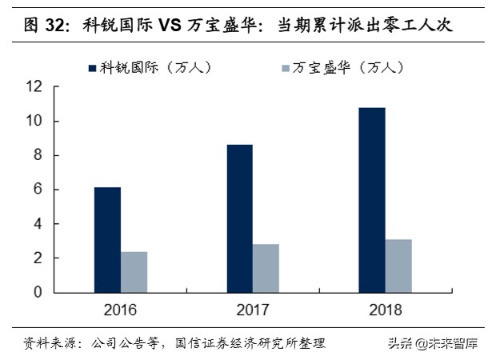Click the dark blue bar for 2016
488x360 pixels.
[107, 240]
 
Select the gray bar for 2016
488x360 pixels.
[134, 272]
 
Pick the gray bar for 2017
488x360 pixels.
[266, 268]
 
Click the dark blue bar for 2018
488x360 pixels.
[371, 200]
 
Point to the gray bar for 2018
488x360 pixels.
[398, 266]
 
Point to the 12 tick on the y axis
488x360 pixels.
[34, 87]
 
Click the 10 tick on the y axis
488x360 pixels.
[34, 122]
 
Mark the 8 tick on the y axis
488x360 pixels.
[38, 156]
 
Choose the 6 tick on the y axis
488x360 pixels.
[38, 190]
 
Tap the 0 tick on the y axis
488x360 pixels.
[38, 293]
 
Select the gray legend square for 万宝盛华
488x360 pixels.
[287, 68]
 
